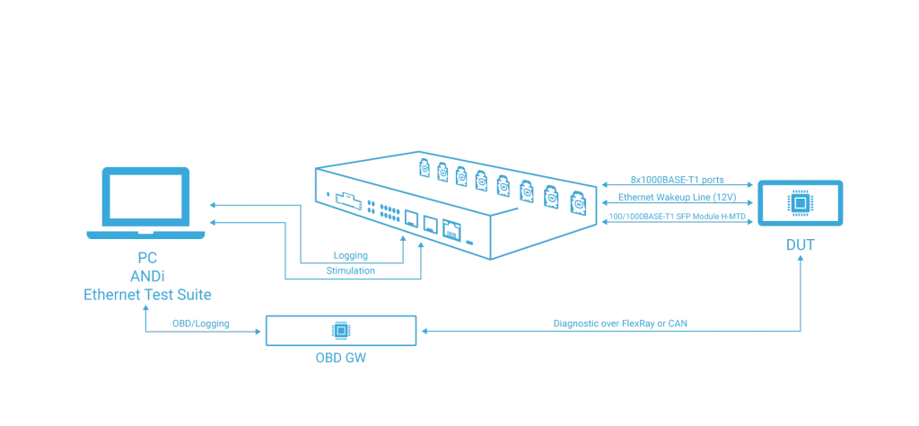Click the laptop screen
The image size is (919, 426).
[x=145, y=197]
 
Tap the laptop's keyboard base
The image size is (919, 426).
[x=145, y=237]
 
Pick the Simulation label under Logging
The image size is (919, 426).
[x=346, y=269]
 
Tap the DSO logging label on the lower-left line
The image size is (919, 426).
[x=191, y=322]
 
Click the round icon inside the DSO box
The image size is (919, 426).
[x=340, y=331]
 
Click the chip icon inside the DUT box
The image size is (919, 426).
[x=797, y=203]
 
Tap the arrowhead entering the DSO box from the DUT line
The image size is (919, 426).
[x=423, y=332]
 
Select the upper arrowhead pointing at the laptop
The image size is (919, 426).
[x=213, y=205]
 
